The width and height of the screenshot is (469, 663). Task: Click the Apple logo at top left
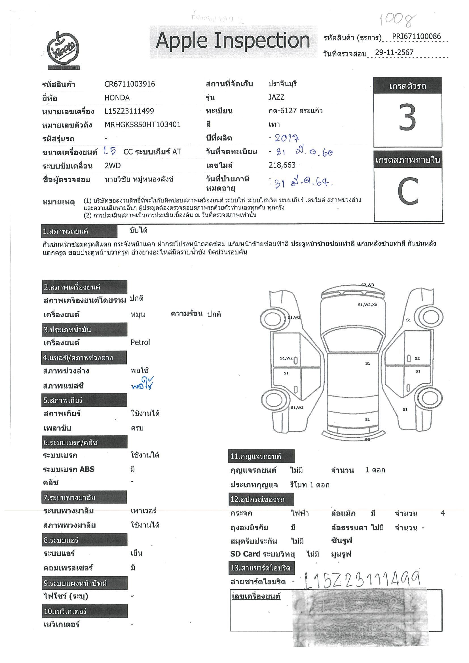[63, 51]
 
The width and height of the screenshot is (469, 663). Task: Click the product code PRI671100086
[416, 36]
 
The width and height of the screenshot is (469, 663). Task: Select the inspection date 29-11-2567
[394, 52]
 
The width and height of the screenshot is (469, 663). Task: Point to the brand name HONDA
[117, 97]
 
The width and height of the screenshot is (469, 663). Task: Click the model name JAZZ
[276, 97]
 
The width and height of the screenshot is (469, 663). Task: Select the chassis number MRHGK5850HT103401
[142, 124]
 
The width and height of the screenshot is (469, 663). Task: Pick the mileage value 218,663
[282, 165]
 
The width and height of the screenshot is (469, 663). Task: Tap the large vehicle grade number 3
[407, 117]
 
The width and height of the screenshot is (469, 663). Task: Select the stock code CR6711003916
[130, 84]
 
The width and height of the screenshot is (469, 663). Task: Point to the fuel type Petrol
[140, 342]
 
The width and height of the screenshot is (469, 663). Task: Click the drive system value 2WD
[113, 165]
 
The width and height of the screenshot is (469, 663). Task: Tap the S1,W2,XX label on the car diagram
[367, 305]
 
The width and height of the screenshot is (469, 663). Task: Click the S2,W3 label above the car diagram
[367, 285]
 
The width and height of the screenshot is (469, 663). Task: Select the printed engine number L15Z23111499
[129, 111]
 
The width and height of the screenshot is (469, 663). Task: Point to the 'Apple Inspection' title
[233, 41]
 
